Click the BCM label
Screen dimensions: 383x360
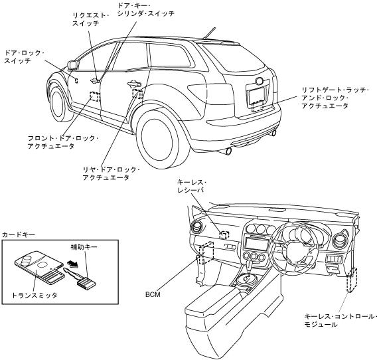pyautogui.click(x=153, y=295)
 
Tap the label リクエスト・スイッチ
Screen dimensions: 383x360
pyautogui.click(x=91, y=19)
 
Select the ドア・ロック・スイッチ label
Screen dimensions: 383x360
pyautogui.click(x=24, y=56)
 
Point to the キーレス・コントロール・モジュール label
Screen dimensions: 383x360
pyautogui.click(x=341, y=320)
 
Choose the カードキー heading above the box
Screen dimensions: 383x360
pyautogui.click(x=19, y=235)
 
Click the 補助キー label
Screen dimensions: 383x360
pyautogui.click(x=84, y=247)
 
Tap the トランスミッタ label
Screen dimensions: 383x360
pyautogui.click(x=35, y=295)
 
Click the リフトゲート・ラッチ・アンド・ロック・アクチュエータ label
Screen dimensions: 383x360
pyautogui.click(x=335, y=98)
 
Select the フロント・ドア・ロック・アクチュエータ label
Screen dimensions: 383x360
pyautogui.click(x=63, y=142)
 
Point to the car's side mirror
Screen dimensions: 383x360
pyautogui.click(x=73, y=64)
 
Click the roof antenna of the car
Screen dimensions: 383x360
pyautogui.click(x=210, y=33)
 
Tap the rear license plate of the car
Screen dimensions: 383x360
pyautogui.click(x=256, y=96)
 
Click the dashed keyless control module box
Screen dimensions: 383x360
pyautogui.click(x=352, y=280)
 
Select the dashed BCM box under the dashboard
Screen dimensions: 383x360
pyautogui.click(x=206, y=253)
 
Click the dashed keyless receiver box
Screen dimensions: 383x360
pyautogui.click(x=224, y=235)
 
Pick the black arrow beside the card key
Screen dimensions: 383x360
pyautogui.click(x=72, y=264)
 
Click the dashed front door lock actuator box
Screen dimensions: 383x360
pyautogui.click(x=95, y=96)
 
